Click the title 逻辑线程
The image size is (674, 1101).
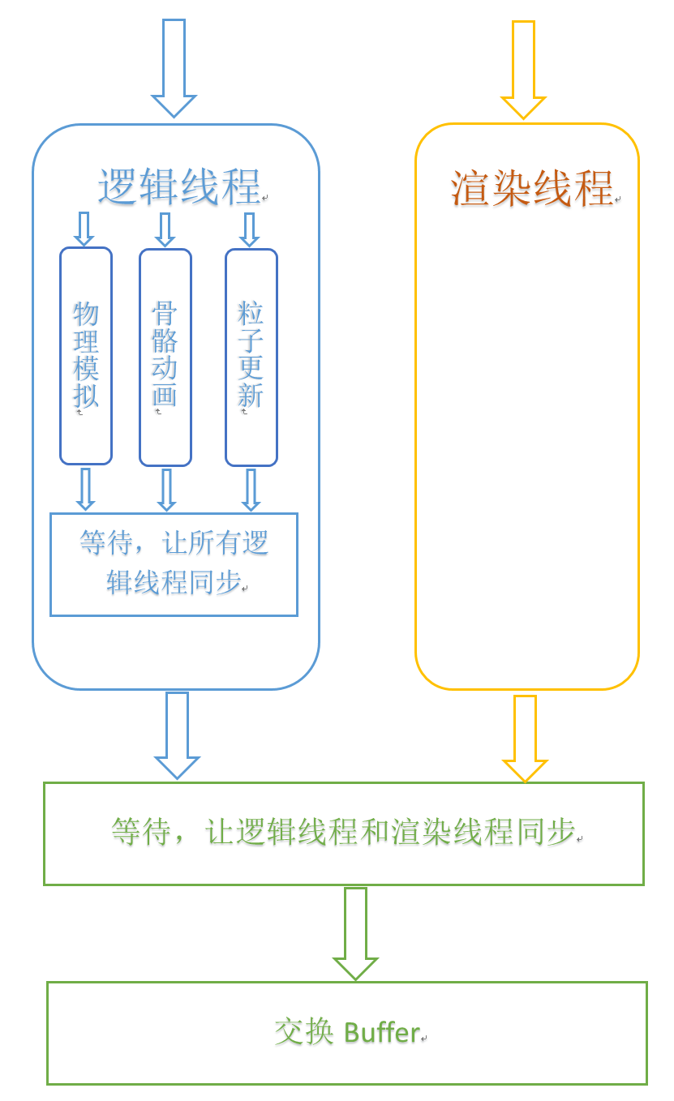tap(179, 187)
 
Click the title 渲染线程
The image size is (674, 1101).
tap(532, 189)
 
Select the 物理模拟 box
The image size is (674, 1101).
tap(86, 356)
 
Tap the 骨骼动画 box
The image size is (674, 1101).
tap(165, 356)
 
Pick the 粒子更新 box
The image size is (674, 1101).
tap(251, 356)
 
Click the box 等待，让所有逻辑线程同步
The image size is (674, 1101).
tap(174, 563)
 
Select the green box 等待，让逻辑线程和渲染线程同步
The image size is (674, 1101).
tap(343, 833)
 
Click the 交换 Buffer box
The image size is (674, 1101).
tap(346, 1032)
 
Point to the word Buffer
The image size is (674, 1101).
tap(381, 1032)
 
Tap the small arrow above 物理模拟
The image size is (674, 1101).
tap(84, 229)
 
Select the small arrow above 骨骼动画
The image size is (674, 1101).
tap(165, 229)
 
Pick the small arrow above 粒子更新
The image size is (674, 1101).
tap(250, 229)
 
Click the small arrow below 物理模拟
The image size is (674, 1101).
tap(85, 489)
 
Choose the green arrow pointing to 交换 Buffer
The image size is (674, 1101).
tap(355, 932)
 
